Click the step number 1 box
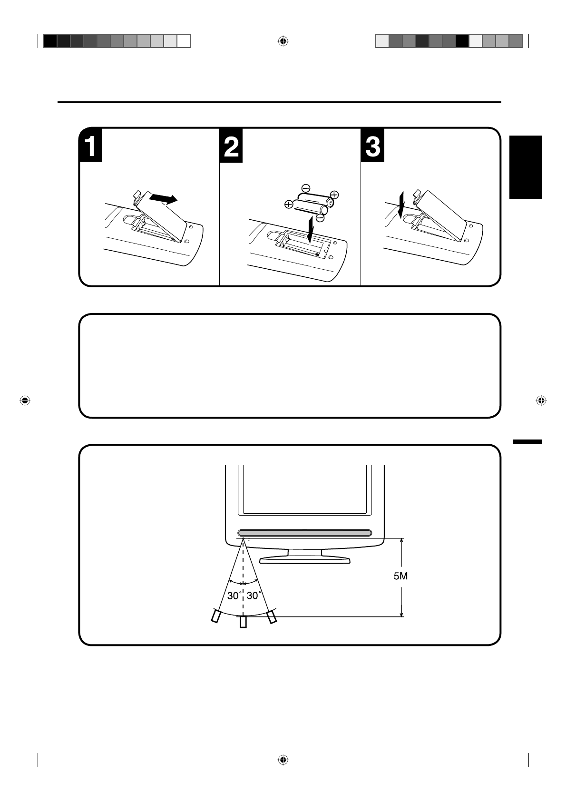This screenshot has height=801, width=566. pos(90,146)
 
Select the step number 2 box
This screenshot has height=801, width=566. pos(231,146)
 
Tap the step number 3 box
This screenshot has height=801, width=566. pos(372,146)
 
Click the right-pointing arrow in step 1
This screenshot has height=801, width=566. pos(163,198)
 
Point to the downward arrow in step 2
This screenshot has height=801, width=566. pos(310,227)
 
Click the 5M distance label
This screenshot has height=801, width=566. pos(400,576)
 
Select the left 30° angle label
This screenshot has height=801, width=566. pos(233,595)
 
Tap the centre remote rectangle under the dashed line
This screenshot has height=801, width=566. pos(243,622)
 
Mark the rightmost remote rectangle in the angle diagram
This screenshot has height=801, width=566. pos(272,617)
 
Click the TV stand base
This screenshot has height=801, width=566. pos(305,560)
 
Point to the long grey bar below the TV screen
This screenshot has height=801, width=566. pos(304,533)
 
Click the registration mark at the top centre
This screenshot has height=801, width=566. pos(283,41)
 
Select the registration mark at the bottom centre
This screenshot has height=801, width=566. pos(283,760)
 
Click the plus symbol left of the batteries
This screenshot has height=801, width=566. pos(288,205)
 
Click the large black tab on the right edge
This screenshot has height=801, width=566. pos(526,166)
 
